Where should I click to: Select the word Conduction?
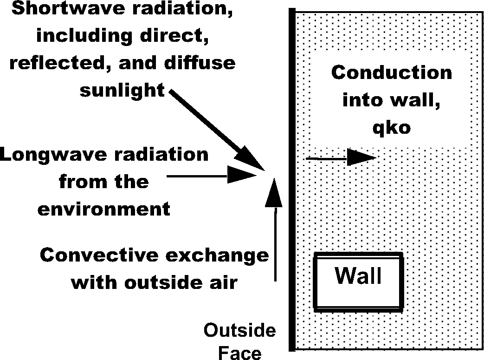coord(392,73)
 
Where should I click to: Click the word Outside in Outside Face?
coord(239,332)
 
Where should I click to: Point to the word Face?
coord(239,353)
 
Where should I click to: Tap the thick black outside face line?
coord(291,186)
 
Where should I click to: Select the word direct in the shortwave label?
coord(176,36)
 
